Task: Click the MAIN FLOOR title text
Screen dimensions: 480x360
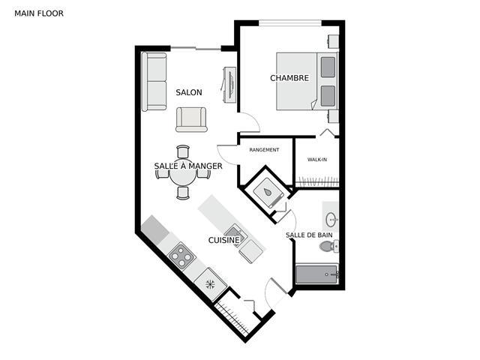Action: pos(39,13)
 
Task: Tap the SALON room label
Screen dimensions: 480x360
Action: pos(189,92)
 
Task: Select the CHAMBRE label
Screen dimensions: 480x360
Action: pos(289,78)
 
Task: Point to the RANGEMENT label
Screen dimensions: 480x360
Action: pos(264,150)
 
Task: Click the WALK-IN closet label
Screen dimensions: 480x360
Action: pos(317,160)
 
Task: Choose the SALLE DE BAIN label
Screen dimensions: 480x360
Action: pos(309,235)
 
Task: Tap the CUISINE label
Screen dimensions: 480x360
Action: pos(223,240)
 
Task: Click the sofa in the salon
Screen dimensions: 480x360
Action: pos(154,82)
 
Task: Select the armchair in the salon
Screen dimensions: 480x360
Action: pos(191,119)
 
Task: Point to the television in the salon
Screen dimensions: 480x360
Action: pos(229,85)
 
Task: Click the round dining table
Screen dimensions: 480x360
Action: pos(183,177)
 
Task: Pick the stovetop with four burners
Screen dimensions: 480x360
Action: pos(181,256)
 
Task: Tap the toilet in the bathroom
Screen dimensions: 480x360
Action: pos(328,246)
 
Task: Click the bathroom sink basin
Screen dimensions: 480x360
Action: pos(331,220)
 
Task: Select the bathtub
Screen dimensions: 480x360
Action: pos(317,274)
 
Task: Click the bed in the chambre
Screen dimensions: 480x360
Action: pos(307,81)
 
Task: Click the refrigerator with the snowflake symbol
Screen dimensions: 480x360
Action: pos(211,285)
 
